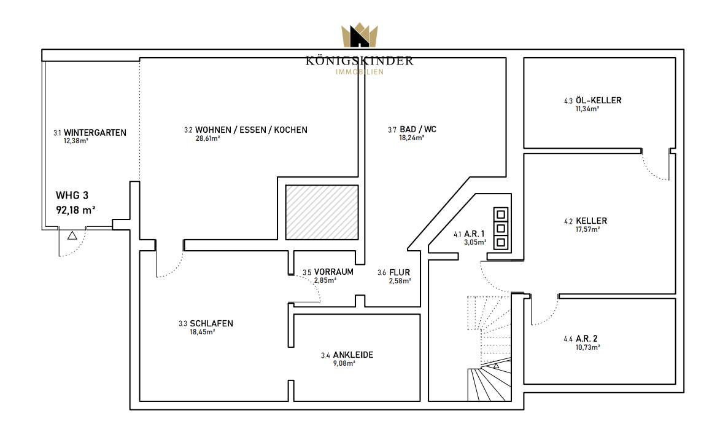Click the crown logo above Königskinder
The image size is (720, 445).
pos(360,35)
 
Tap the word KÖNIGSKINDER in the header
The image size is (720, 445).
pos(360,61)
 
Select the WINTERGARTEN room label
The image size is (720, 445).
pos(95,133)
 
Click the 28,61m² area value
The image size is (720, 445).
pos(207,138)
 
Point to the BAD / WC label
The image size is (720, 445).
pos(418,130)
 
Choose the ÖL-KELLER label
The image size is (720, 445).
pos(599,100)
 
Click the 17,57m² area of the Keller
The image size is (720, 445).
pos(588,229)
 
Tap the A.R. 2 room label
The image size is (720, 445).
pos(587,339)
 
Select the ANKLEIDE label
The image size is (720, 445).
pos(353,355)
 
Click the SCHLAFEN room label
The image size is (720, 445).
pos(212,324)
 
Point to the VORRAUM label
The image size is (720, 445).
pos(334,272)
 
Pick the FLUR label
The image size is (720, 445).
pos(400,273)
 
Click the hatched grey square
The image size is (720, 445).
pos(322,213)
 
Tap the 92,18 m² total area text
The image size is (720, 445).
pos(75,211)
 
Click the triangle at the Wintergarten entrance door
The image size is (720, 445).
pos(72,236)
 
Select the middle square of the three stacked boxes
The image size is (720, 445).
pos(501,229)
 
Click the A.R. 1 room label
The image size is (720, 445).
pos(474,234)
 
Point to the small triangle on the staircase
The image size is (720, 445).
pos(496,366)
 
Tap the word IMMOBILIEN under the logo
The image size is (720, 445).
pos(360,72)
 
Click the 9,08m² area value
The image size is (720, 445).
pos(344,364)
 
